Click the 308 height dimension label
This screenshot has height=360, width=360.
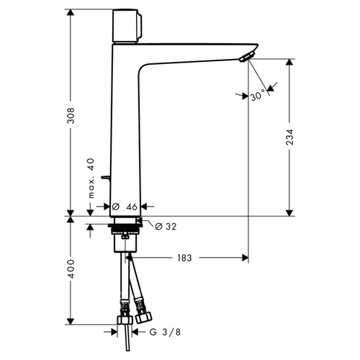pos(71,116)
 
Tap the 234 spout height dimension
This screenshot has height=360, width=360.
pos(289,137)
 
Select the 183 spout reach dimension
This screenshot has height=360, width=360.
pos(184,258)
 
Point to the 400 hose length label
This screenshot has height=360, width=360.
pos(71,269)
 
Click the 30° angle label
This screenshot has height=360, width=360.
pos(258,96)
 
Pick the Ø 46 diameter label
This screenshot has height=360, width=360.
pos(125,207)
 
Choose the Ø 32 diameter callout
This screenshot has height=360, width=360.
pos(166,226)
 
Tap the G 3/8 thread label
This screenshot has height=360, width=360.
pos(165,332)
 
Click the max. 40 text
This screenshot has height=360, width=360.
pos(91,179)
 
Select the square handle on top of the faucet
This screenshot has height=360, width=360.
pos(127,26)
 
